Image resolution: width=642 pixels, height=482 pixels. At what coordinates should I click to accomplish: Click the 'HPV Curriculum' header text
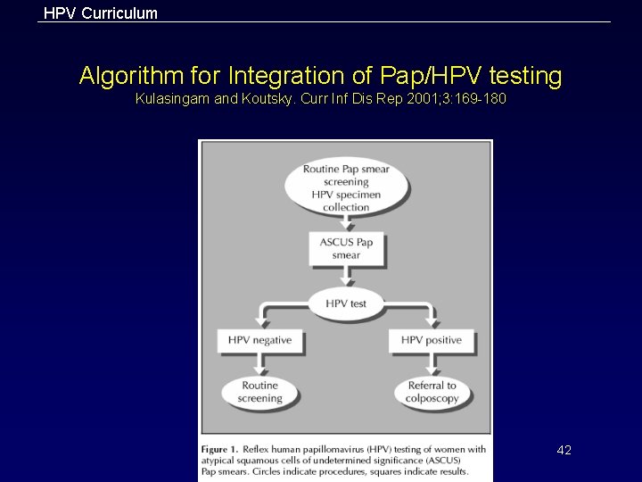click(101, 13)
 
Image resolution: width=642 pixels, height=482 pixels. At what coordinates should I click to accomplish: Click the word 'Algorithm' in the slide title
click(122, 77)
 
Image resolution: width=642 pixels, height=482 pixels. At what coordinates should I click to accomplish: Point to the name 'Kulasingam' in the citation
click(172, 99)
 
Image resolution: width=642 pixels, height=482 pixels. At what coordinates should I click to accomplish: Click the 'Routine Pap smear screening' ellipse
click(346, 187)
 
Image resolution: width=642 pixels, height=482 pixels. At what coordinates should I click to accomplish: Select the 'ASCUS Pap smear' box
click(346, 248)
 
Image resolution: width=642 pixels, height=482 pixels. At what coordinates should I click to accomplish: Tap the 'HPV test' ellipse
click(346, 303)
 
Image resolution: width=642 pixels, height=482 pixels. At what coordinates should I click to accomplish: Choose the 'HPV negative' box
click(260, 340)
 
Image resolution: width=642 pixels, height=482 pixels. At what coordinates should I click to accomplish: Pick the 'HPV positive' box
click(432, 340)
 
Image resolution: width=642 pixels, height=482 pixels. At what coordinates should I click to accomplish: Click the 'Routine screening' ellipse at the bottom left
click(260, 392)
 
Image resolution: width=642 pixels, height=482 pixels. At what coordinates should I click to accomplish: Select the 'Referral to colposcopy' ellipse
click(432, 392)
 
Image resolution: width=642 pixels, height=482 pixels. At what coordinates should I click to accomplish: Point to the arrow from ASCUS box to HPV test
click(346, 277)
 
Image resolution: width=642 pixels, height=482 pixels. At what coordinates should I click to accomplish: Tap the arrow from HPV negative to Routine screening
click(260, 362)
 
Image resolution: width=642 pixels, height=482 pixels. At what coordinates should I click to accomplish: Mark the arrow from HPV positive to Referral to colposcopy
click(432, 362)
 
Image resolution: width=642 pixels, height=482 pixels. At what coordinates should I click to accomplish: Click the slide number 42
click(564, 450)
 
